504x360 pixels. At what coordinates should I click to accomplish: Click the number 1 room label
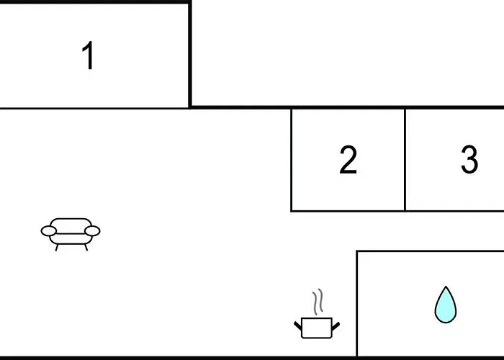tap(88, 55)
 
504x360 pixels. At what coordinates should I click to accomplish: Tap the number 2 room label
tap(348, 159)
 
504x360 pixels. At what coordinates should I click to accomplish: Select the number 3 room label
tap(469, 159)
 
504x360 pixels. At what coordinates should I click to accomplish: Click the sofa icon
tap(71, 234)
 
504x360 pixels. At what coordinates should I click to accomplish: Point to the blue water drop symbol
tap(446, 305)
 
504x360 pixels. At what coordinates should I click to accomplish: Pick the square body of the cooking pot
tap(317, 328)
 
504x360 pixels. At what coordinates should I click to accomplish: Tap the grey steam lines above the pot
tap(318, 302)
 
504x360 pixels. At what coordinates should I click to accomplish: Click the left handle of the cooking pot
tap(298, 325)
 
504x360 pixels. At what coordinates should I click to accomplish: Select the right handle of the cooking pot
tap(336, 326)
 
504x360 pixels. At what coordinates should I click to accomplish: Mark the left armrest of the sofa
tap(49, 231)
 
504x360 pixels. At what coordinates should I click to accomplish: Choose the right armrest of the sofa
tap(93, 231)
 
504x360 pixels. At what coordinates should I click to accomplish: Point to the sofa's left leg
tap(57, 248)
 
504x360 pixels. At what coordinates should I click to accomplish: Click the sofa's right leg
tap(86, 248)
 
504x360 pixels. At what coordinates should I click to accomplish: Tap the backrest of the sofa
tap(71, 225)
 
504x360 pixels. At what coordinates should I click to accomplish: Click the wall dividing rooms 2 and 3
tap(405, 160)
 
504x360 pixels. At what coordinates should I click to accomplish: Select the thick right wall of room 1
tap(190, 55)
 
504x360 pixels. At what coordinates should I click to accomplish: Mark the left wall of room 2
tap(291, 160)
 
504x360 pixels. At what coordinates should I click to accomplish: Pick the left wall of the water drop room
tap(357, 304)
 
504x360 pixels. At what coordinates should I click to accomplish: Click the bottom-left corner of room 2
tap(291, 211)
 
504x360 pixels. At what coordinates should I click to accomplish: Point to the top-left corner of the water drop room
tap(357, 251)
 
